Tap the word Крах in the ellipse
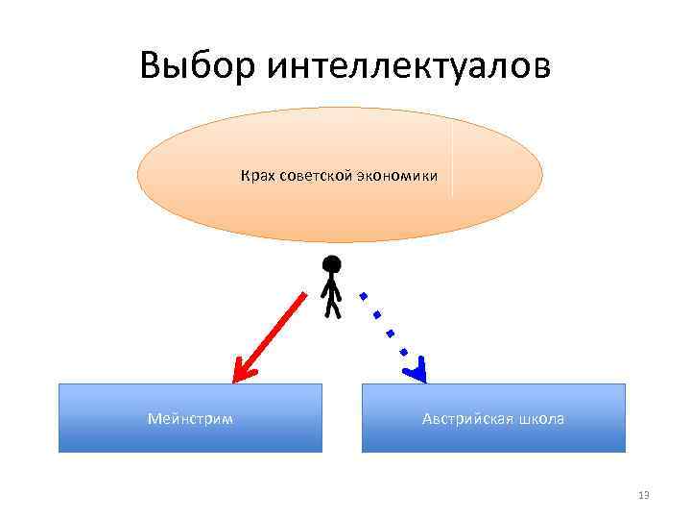(255, 176)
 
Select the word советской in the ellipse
(313, 176)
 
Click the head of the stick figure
(332, 264)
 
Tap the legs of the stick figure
(333, 307)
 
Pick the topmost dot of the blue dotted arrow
(362, 294)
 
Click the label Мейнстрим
(190, 419)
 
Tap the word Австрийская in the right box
(465, 419)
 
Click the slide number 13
(643, 495)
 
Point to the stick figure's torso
(332, 286)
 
